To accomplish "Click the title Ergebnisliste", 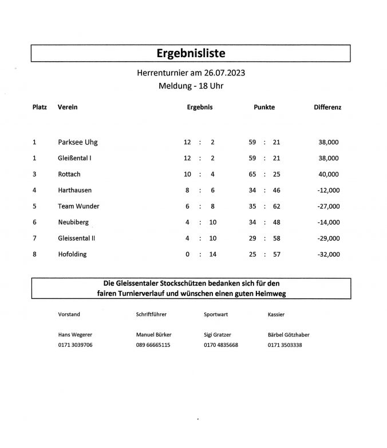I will tap(191, 53).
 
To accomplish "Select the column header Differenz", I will tap(327, 107).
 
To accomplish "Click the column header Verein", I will tap(68, 107).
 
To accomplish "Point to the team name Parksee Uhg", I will tap(78, 142).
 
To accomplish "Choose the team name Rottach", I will tap(70, 174).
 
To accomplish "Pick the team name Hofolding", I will tap(72, 254).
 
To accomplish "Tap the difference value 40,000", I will tap(329, 174).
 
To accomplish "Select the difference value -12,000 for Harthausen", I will tap(327, 190).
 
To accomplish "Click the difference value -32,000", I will tap(327, 254).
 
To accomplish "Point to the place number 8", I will tap(35, 254).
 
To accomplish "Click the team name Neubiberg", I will tap(73, 222).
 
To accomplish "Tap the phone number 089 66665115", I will tap(153, 345).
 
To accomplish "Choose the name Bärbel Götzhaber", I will tap(288, 335).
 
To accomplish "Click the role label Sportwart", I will tap(216, 314).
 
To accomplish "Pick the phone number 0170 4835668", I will tap(220, 345).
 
